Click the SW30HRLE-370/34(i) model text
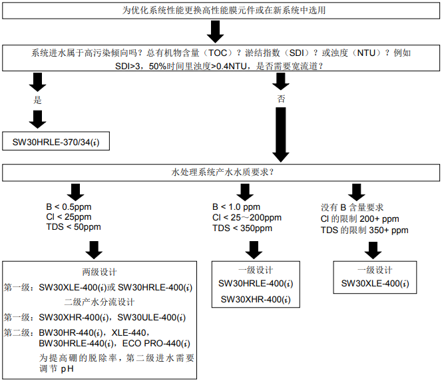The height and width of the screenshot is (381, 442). (61, 143)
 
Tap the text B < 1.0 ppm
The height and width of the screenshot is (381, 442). (236, 207)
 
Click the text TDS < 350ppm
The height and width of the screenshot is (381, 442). (242, 228)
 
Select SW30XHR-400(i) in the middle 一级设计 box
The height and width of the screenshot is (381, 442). (256, 300)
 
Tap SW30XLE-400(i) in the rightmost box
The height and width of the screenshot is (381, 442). (375, 283)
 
